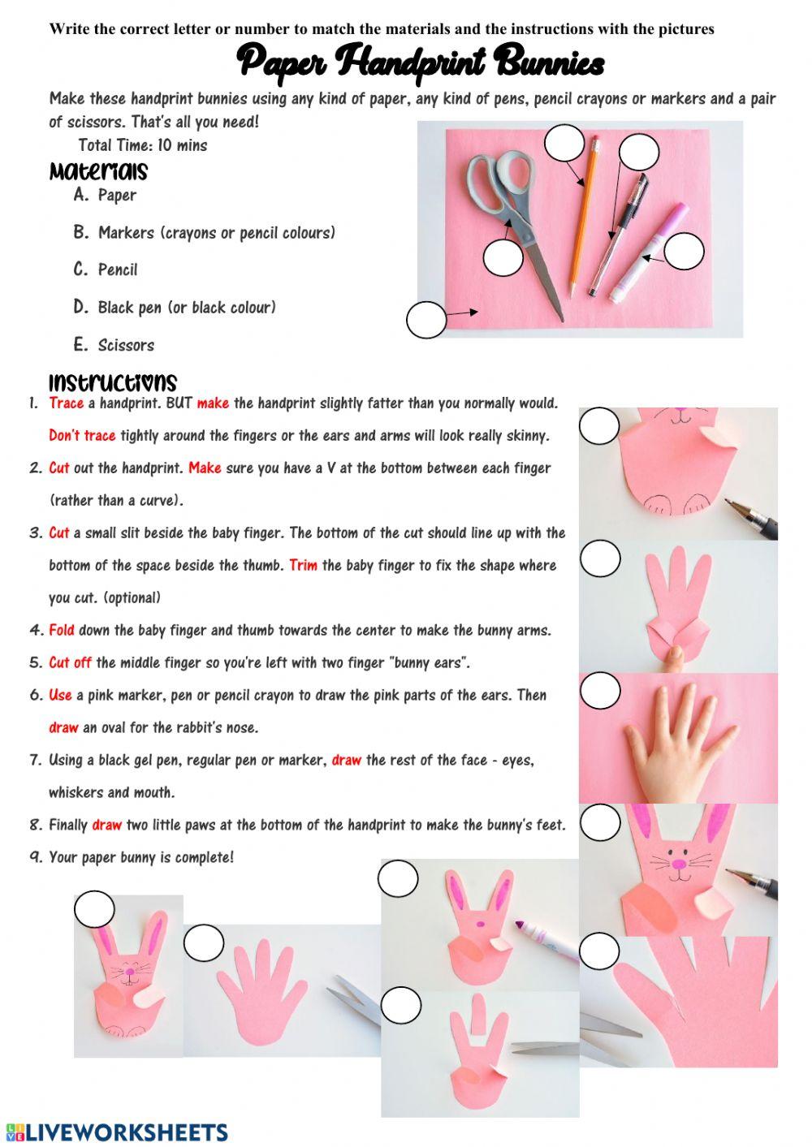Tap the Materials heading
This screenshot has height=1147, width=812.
coord(98,172)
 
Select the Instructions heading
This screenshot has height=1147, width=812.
coord(112,382)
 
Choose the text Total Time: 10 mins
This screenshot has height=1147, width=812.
coord(142,146)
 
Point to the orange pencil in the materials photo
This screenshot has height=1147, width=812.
coord(581,219)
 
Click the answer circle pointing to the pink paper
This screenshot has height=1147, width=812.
coord(426,319)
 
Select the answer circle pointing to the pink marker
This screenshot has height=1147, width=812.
coord(684,252)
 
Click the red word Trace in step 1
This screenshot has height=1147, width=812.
coord(66,403)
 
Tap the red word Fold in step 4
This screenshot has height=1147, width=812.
coord(62,631)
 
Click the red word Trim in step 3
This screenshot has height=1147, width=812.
coord(303,566)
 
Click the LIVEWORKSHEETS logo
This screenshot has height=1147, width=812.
coord(115,1132)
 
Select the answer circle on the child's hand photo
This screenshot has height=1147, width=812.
coord(601,691)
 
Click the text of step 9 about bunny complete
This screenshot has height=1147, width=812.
coord(141,858)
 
